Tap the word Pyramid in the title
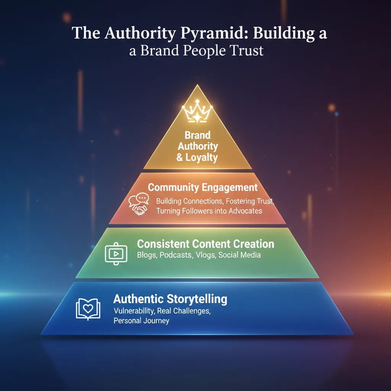click(x=204, y=33)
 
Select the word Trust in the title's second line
click(x=245, y=51)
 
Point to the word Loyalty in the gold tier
click(x=202, y=157)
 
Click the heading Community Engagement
click(x=203, y=187)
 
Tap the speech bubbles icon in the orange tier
click(x=137, y=200)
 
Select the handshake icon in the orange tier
click(x=140, y=210)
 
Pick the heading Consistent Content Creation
click(x=205, y=244)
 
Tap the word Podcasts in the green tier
click(x=176, y=255)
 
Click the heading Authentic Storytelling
click(x=170, y=299)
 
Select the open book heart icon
click(x=88, y=308)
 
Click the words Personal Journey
click(x=141, y=321)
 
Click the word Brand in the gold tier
click(x=197, y=135)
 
